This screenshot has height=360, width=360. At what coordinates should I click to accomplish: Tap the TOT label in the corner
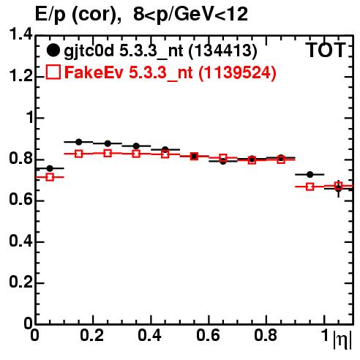326,50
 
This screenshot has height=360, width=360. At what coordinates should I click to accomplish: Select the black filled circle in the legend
53,50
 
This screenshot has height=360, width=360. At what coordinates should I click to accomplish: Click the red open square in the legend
53,72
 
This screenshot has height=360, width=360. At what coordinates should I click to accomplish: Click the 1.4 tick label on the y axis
20,34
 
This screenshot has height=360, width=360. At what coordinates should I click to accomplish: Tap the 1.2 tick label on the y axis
20,76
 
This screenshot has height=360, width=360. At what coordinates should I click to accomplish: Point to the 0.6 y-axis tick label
20,200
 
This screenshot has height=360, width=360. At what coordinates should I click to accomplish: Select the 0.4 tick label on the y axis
20,241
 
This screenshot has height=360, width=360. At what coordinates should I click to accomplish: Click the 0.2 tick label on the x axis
92,335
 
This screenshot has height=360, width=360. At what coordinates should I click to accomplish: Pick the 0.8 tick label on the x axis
266,335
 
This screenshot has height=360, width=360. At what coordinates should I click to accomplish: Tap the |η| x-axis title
342,340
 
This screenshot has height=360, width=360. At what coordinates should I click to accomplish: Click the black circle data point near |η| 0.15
78,142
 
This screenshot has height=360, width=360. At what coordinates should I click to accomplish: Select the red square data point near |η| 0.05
50,177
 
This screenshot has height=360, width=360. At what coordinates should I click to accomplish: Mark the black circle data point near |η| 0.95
310,174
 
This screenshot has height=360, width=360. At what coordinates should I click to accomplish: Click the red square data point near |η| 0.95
310,187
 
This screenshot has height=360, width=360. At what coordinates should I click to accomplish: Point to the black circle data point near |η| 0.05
50,168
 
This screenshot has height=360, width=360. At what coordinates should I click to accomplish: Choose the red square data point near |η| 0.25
108,153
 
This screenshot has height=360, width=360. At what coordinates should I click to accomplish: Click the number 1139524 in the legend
237,73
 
